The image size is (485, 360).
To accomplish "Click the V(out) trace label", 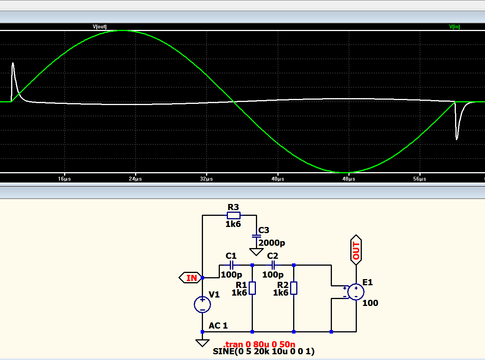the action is coord(99,27).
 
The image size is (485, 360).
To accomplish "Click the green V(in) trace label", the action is coord(454,27).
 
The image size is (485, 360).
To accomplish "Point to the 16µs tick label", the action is coord(64,179).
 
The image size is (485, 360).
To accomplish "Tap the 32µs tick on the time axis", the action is coord(206,179).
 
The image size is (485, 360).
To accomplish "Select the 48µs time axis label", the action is coord(349,179).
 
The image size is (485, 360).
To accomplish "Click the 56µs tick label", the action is coord(420,179).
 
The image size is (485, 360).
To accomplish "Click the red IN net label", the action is coord(191,278).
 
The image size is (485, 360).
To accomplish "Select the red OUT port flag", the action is coord(356,250).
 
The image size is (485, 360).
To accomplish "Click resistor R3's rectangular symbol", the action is coord(234,215).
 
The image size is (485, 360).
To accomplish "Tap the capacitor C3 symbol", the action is coord(256,236).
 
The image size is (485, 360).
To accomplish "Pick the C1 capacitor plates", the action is coord(232,265).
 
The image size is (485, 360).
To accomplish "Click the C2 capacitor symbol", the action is coord(273,265).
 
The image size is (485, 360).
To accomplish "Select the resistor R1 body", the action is coord(252,288).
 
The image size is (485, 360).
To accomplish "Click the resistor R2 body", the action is coord(294,288).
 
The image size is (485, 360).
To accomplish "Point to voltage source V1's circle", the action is coord(202,304).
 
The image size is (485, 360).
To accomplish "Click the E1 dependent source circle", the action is coord(356,292).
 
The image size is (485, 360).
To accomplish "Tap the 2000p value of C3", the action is coord(272,243).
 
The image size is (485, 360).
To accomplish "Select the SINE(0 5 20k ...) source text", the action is coord(264,352).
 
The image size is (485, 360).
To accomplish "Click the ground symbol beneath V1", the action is coord(202,343).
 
